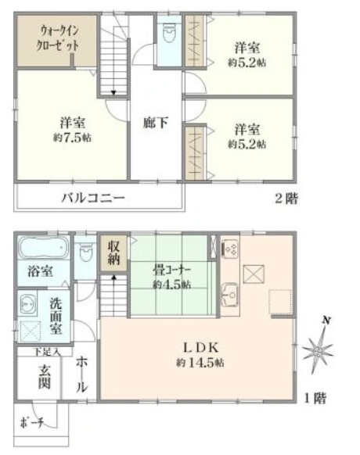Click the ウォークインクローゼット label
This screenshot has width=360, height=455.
click(57, 38)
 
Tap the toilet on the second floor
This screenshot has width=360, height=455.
click(168, 33)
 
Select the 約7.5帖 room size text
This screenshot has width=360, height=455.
click(72, 138)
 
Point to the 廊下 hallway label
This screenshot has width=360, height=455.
click(155, 123)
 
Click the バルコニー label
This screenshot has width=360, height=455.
click(93, 199)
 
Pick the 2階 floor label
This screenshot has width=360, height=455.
click(286, 199)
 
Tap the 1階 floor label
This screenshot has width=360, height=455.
click(315, 398)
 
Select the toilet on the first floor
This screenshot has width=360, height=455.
click(85, 252)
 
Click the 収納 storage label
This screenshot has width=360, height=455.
click(113, 253)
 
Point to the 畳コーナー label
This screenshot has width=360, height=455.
click(171, 270)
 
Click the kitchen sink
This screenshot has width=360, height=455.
click(230, 295)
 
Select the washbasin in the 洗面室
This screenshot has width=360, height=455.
click(27, 305)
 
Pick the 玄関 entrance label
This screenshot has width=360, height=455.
click(44, 377)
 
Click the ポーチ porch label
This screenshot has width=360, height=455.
click(31, 423)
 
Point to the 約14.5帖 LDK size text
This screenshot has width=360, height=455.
click(200, 363)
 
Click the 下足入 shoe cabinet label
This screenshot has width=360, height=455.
click(47, 352)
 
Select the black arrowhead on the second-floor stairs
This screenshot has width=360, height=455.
click(113, 93)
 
